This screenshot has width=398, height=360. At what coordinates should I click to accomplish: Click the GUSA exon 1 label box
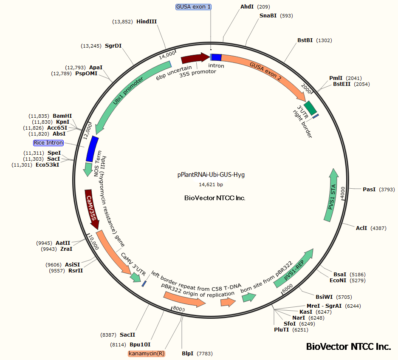coord(193,7)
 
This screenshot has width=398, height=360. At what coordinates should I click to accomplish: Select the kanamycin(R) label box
coord(147,354)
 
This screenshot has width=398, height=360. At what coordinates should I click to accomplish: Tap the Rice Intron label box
coord(49,143)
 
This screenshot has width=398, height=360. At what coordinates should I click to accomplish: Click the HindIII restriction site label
coord(147,21)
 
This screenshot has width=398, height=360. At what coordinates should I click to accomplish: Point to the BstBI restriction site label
coord(305,40)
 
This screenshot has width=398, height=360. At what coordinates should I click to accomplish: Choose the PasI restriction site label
coord(369,190)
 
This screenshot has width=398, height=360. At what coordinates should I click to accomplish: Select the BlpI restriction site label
coord(188,354)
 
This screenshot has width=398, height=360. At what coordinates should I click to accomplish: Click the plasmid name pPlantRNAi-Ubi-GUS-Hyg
coord(211,175)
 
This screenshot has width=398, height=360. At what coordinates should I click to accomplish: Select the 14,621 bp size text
coord(211,184)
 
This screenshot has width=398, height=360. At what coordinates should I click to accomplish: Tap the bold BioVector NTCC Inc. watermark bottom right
coord(348,346)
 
